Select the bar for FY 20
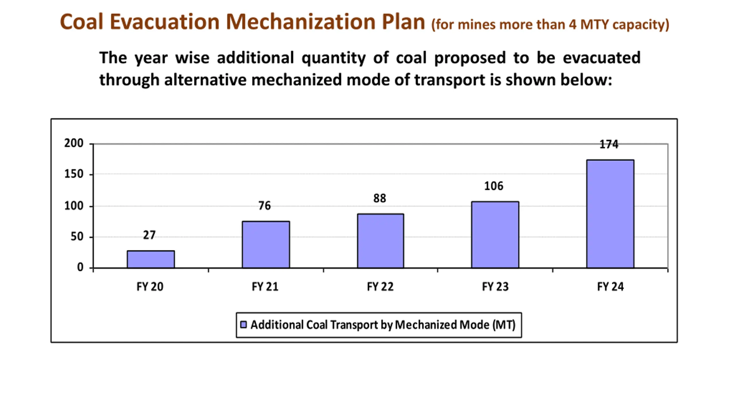tap(151, 259)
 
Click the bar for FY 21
tap(266, 244)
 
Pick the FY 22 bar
tap(380, 241)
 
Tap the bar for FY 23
tap(495, 235)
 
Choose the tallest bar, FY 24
tap(610, 214)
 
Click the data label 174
tap(609, 144)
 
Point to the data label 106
tap(494, 186)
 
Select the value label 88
tap(380, 198)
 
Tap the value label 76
tap(264, 206)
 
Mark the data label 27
tap(149, 235)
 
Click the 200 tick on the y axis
tap(74, 143)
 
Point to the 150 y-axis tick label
tap(74, 174)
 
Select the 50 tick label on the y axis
tap(77, 237)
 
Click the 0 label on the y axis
tap(80, 267)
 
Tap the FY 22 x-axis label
tap(380, 287)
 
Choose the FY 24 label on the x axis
tap(610, 287)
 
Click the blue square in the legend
tap(243, 325)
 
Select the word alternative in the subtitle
tap(205, 80)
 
